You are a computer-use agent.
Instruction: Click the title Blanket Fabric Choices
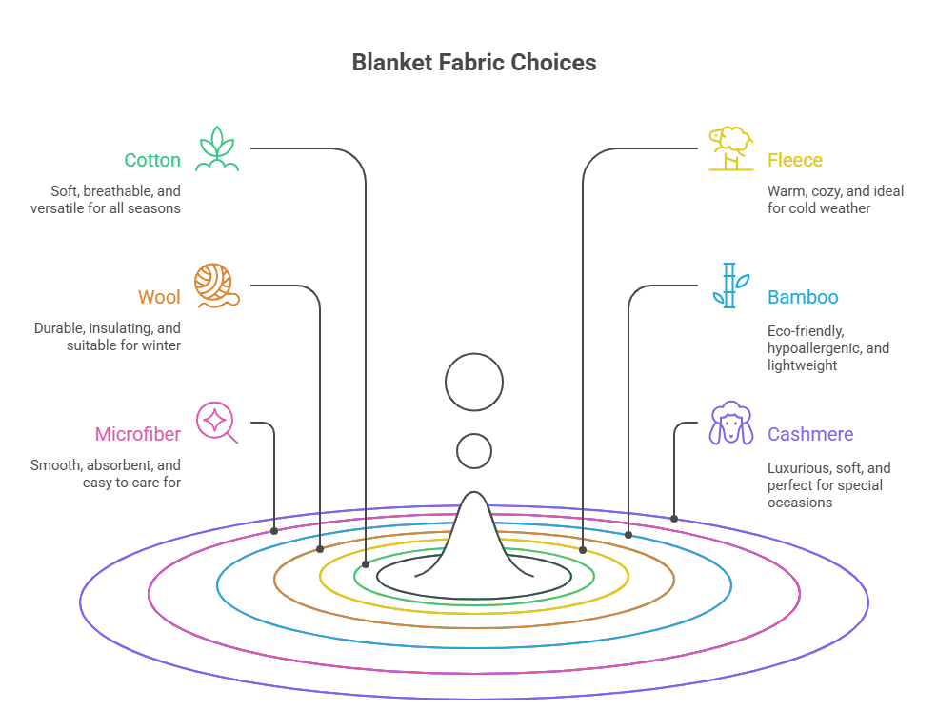tap(473, 63)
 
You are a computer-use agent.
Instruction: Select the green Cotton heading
tap(151, 160)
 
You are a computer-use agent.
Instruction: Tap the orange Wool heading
tap(159, 297)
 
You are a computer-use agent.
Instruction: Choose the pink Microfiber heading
tap(137, 435)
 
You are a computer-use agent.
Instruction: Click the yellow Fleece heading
tap(795, 160)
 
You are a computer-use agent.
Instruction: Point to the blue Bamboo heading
tap(803, 297)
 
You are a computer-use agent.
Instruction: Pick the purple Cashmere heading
tap(810, 435)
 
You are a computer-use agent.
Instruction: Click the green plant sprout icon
tap(216, 148)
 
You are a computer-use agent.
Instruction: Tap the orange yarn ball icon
tap(216, 286)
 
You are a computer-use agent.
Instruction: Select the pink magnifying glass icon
tap(216, 424)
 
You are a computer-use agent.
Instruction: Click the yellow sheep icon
tap(730, 148)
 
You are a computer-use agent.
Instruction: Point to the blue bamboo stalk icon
tap(728, 286)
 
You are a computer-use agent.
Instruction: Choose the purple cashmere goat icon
tap(730, 424)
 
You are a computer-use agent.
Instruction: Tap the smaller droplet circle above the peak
tap(474, 451)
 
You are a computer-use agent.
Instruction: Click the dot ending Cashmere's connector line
tap(674, 519)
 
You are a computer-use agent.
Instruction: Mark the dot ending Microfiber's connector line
tap(275, 529)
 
